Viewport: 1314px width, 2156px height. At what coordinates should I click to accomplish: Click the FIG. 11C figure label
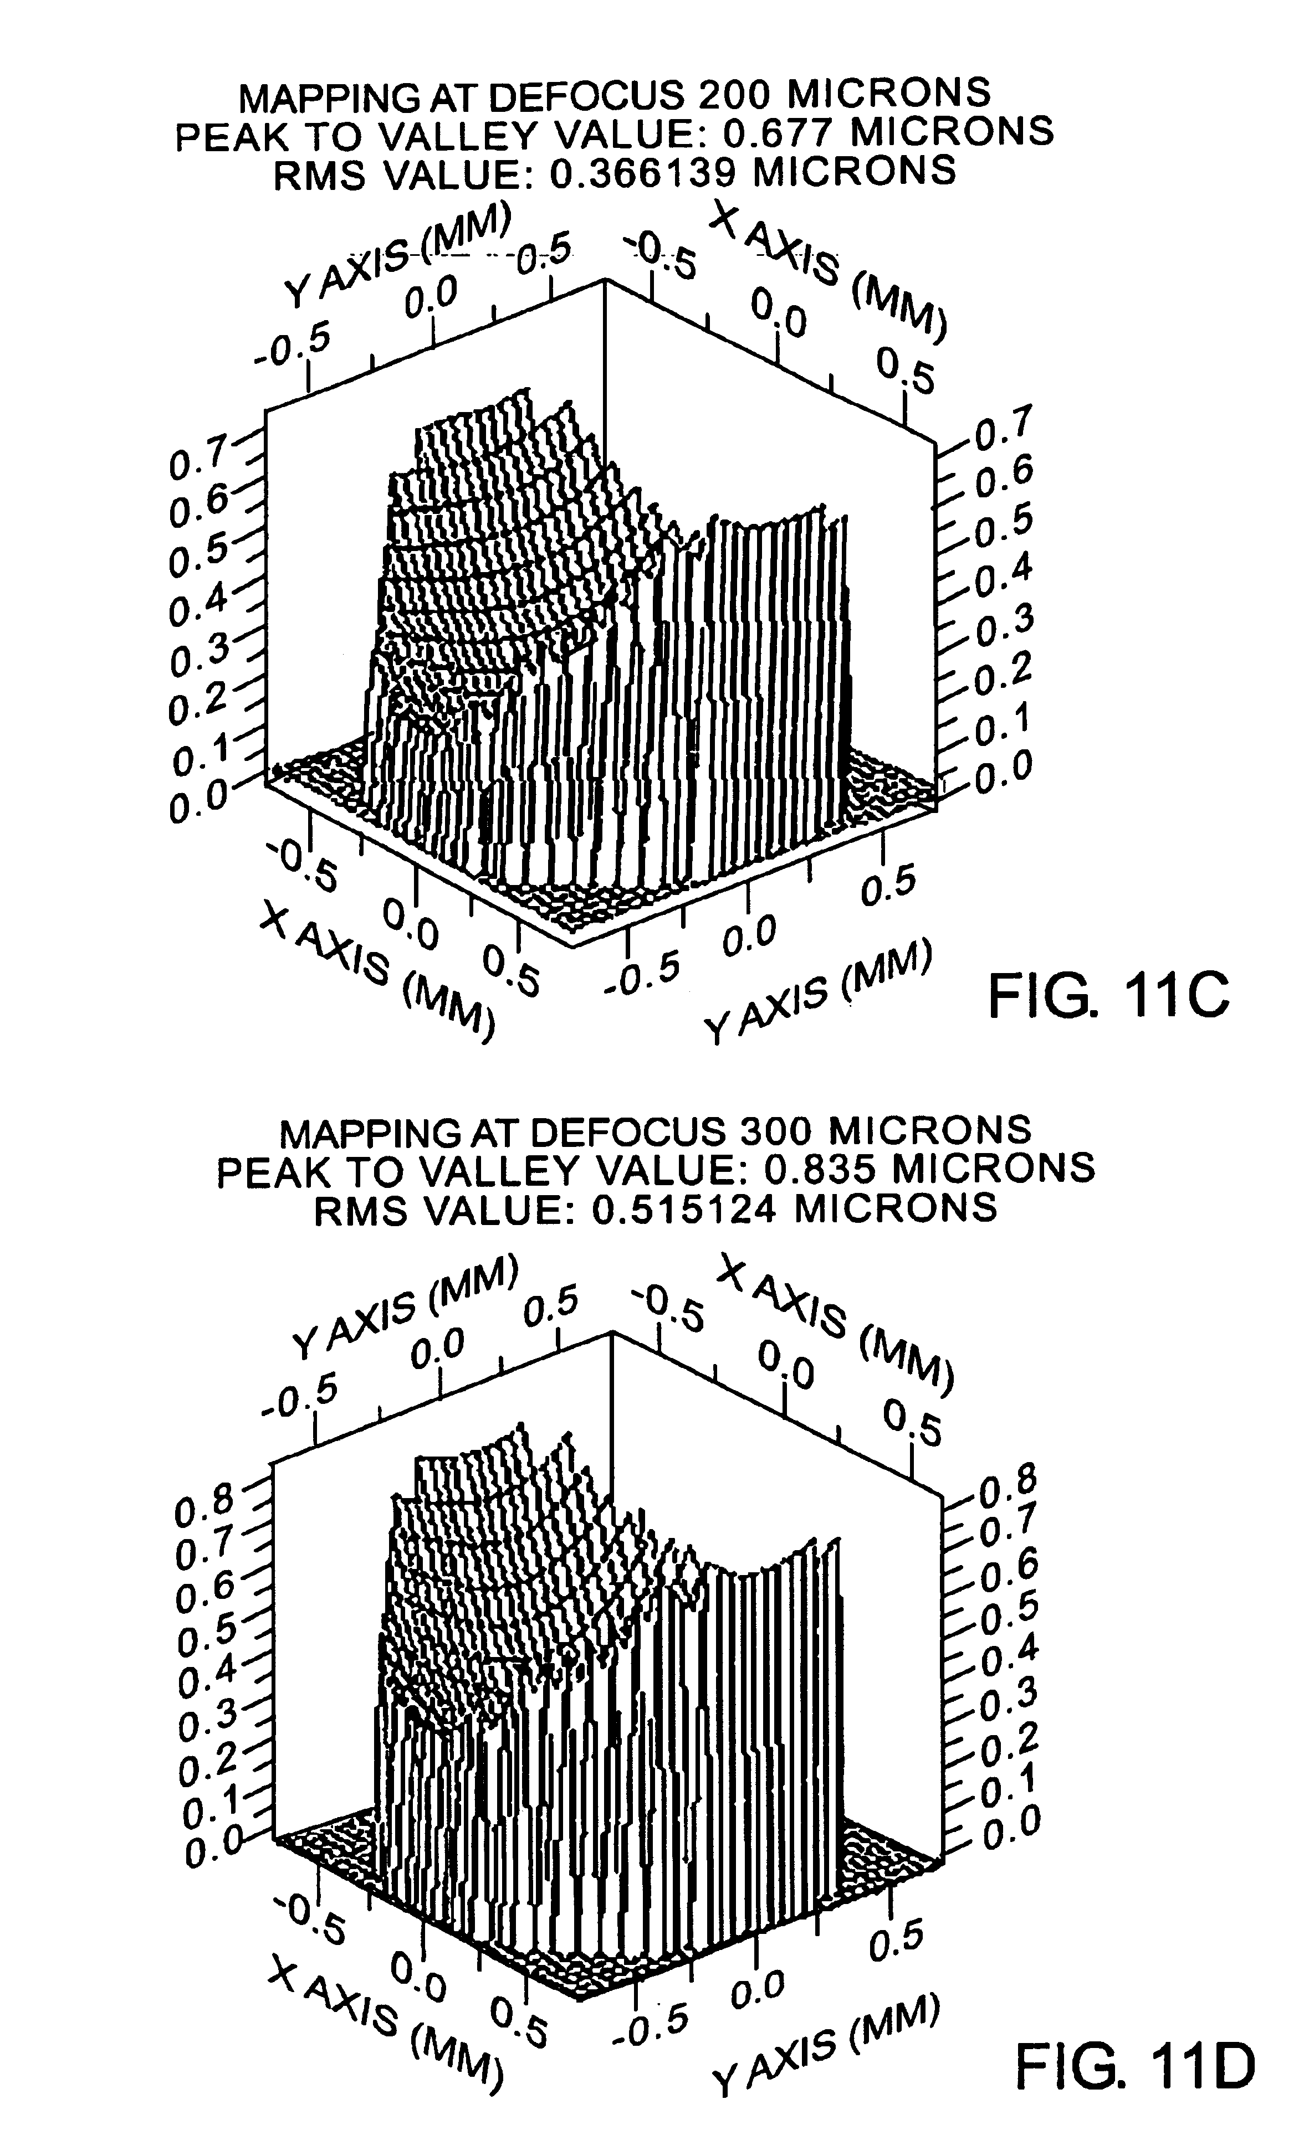pos(1108,997)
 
